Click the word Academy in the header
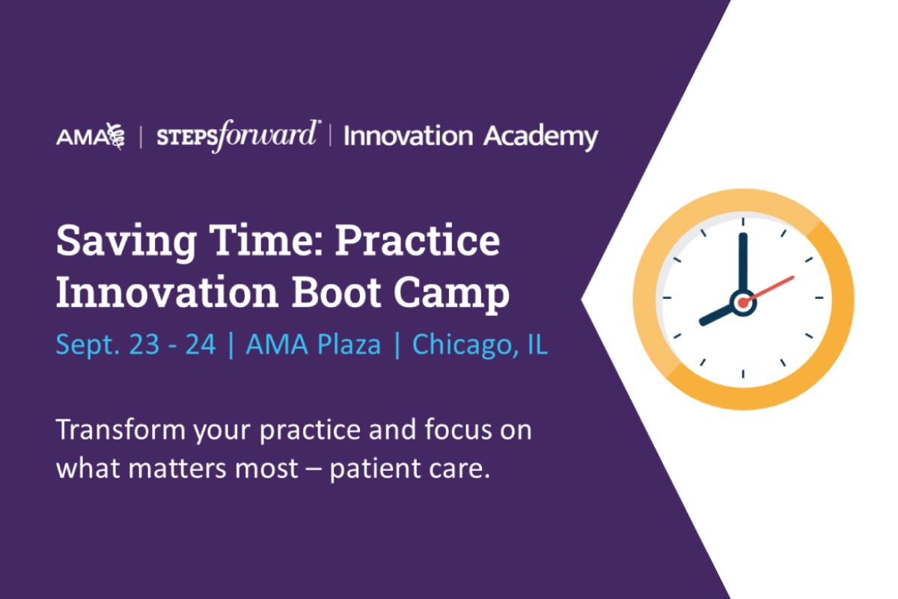point(540,137)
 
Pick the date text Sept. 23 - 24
point(135,345)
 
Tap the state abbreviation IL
point(537,344)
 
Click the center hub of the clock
point(743,302)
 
